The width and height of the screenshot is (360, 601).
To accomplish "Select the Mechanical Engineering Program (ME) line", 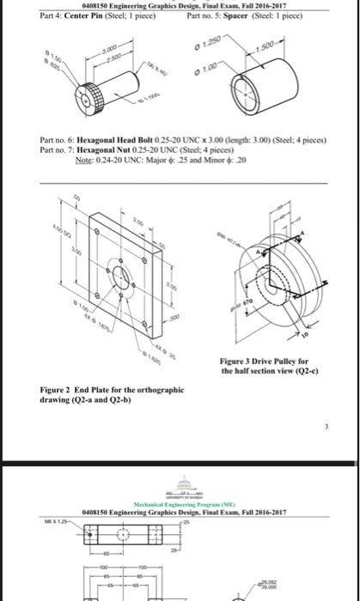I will [180, 504].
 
